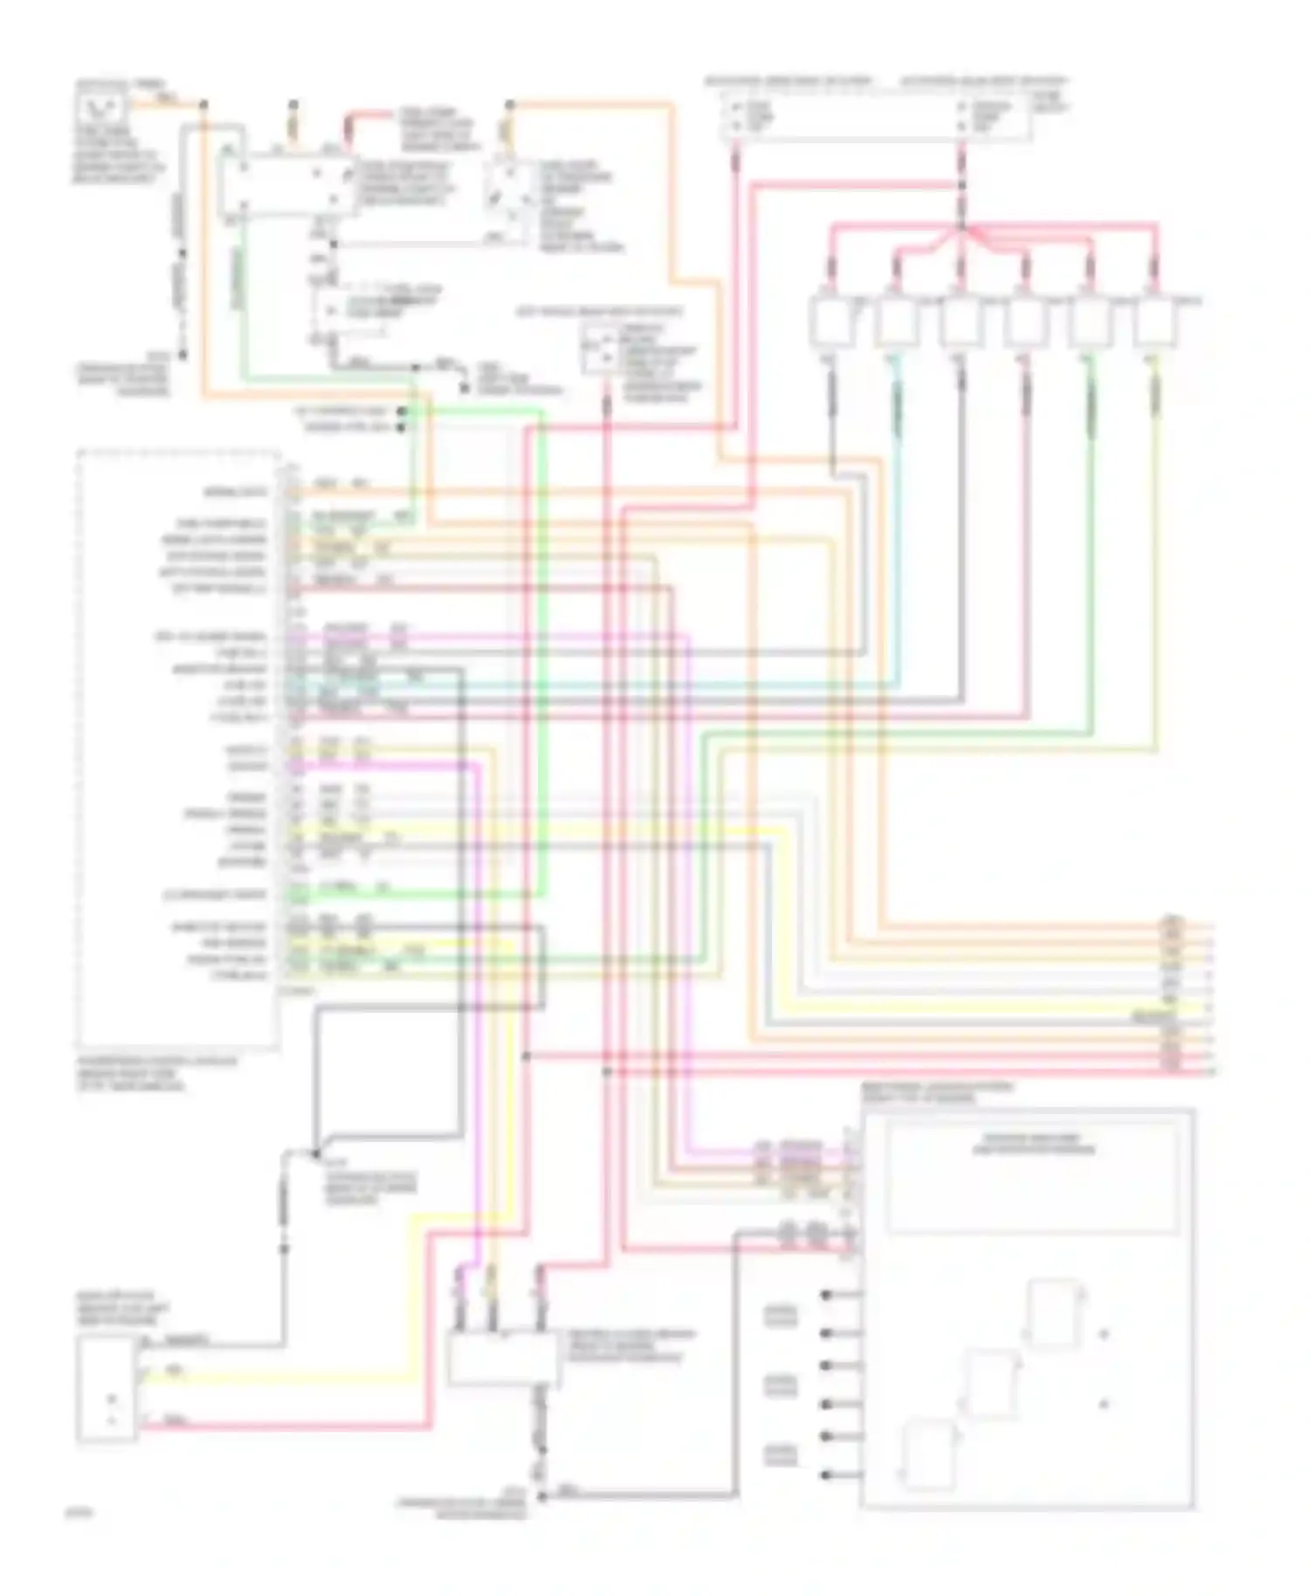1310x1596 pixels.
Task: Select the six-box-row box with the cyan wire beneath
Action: [x=896, y=321]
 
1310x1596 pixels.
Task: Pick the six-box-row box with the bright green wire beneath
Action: [x=1090, y=321]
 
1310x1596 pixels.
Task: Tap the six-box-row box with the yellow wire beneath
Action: [x=1155, y=321]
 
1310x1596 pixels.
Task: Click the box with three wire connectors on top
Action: [x=502, y=1359]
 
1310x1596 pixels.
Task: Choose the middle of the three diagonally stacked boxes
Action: [x=990, y=1385]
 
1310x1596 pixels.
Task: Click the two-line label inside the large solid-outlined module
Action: [x=1033, y=1145]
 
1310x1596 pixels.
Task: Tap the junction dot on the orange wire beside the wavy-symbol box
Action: [x=203, y=104]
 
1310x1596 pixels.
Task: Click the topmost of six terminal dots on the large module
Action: [x=826, y=1294]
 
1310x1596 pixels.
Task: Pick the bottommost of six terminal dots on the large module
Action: [x=826, y=1476]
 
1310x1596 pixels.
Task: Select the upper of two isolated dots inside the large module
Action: [x=1104, y=1334]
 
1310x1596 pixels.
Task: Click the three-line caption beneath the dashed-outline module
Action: [x=155, y=1074]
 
